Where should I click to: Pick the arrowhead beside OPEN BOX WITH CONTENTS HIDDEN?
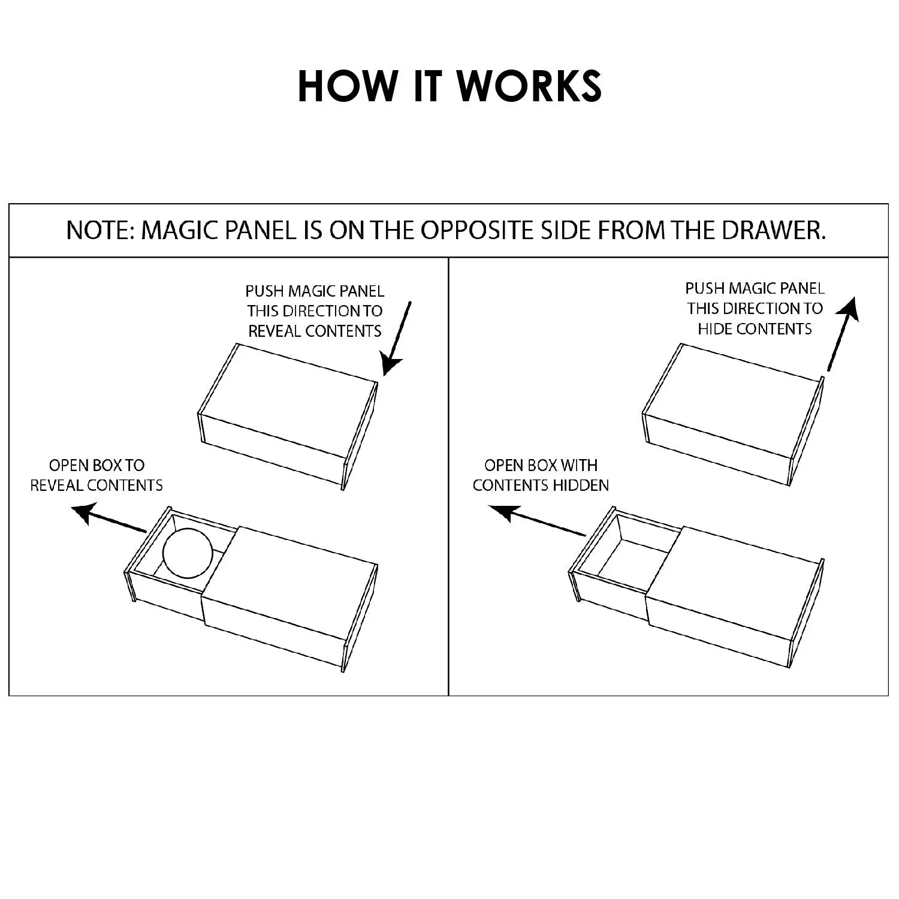tap(502, 512)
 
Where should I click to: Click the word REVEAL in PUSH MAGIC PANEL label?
tap(273, 331)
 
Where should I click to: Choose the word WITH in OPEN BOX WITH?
tap(578, 465)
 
